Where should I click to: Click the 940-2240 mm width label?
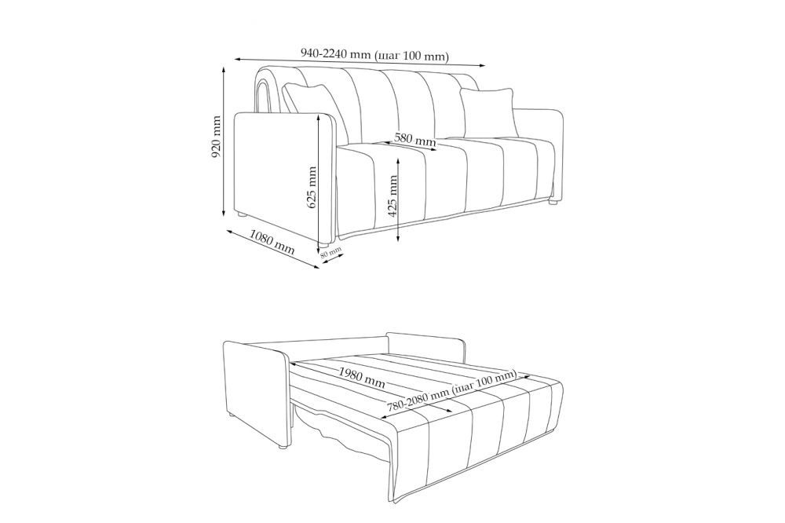click(374, 54)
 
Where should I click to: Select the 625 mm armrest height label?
click(312, 188)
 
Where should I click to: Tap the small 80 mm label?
click(331, 252)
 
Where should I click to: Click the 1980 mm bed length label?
click(361, 378)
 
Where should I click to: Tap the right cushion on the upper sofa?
click(488, 111)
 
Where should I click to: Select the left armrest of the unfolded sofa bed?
click(255, 392)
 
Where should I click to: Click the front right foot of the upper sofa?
click(553, 203)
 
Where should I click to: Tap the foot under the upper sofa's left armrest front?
click(323, 246)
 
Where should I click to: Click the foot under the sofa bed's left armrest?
click(283, 444)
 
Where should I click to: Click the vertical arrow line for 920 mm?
click(224, 141)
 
